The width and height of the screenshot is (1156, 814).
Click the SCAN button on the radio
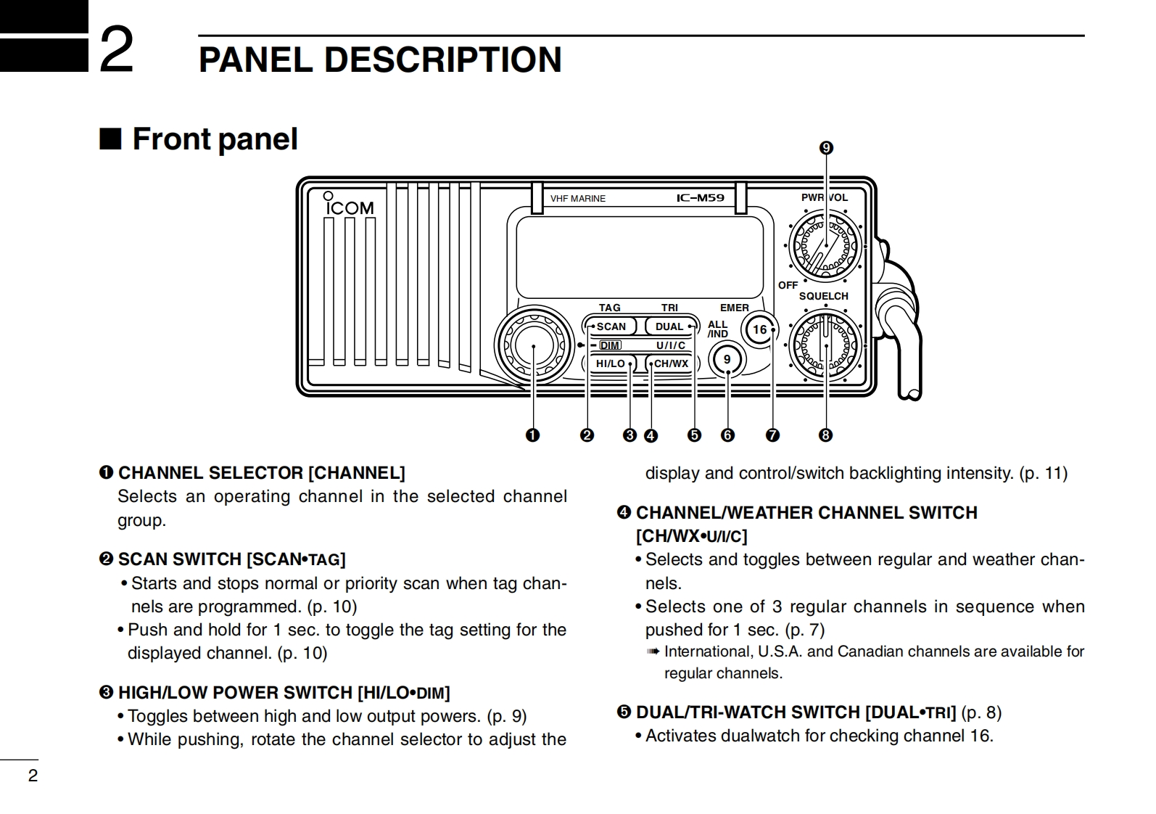(611, 326)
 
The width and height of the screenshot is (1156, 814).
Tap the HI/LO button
(610, 363)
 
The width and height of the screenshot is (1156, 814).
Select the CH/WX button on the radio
(671, 363)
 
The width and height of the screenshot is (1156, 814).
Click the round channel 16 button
(759, 329)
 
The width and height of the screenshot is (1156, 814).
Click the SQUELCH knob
(825, 344)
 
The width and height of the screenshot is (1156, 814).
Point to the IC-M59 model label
(700, 198)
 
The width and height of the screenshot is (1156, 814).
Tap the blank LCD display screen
(640, 252)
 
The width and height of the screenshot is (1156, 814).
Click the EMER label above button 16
(734, 308)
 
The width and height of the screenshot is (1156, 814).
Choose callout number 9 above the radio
(826, 148)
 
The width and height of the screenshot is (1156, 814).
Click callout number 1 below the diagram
(533, 435)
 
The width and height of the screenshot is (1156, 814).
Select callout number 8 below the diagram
(825, 435)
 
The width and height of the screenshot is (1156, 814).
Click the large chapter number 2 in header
(116, 50)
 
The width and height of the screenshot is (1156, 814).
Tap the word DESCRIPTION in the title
(442, 59)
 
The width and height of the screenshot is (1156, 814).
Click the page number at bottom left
(33, 776)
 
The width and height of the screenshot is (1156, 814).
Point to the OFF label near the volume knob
(788, 285)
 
